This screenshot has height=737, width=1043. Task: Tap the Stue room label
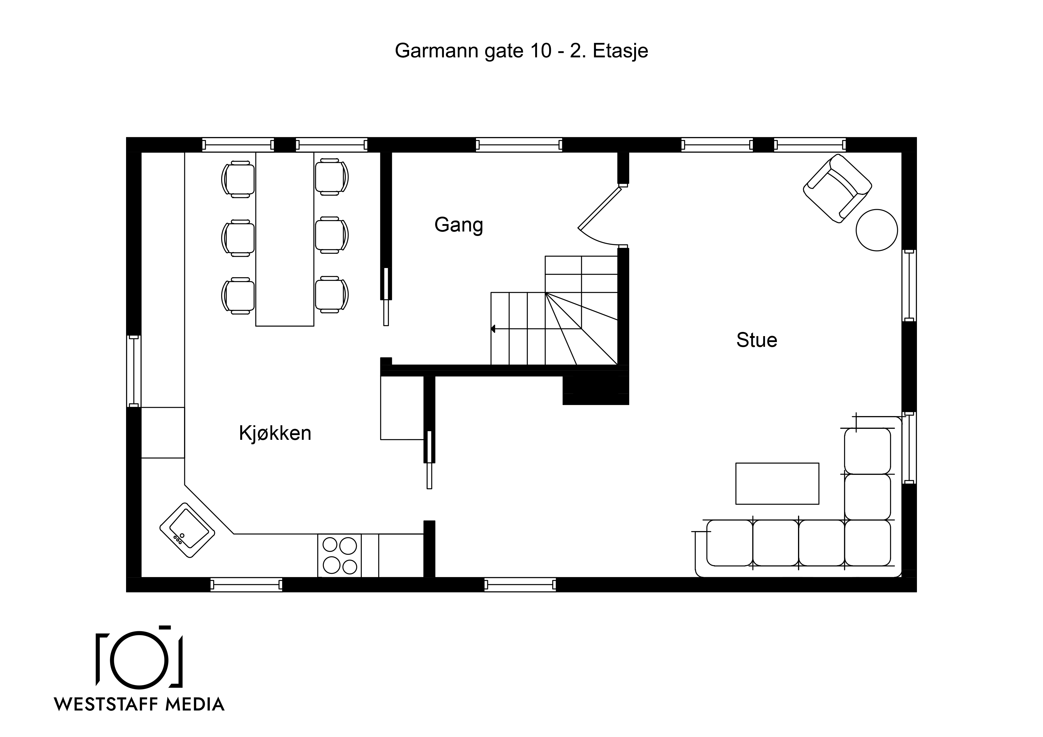pyautogui.click(x=757, y=340)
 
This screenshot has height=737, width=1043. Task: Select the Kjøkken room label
pyautogui.click(x=275, y=433)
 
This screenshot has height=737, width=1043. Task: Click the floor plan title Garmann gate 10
pyautogui.click(x=473, y=51)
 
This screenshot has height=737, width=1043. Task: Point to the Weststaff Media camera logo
pyautogui.click(x=139, y=658)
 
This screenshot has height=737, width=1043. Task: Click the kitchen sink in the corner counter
pyautogui.click(x=187, y=530)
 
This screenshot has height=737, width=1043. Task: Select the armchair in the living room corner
pyautogui.click(x=837, y=188)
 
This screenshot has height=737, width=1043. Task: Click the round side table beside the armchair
pyautogui.click(x=877, y=230)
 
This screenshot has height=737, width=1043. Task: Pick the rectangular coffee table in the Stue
pyautogui.click(x=777, y=484)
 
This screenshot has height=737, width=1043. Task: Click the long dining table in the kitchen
pyautogui.click(x=285, y=239)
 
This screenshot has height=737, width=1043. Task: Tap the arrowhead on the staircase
pyautogui.click(x=493, y=329)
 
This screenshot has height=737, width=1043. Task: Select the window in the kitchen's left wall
pyautogui.click(x=133, y=371)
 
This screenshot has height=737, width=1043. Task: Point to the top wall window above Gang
pyautogui.click(x=519, y=145)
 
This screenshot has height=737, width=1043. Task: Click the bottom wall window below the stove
pyautogui.click(x=246, y=585)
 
